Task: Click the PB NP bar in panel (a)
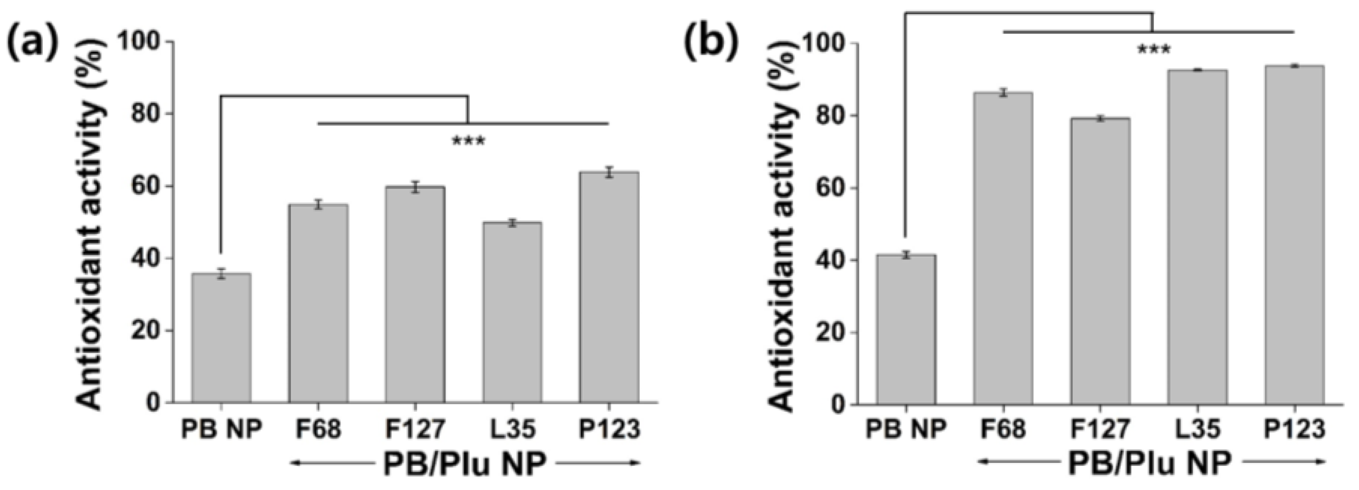(x=221, y=338)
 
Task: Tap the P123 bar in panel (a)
(x=609, y=287)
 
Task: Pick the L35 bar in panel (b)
(x=1197, y=237)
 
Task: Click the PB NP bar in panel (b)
(x=906, y=330)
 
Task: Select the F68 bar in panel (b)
(x=1003, y=249)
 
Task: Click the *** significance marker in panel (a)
(x=468, y=141)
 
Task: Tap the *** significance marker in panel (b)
(x=1153, y=51)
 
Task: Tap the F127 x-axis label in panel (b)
(x=1100, y=429)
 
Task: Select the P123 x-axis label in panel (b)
(x=1295, y=429)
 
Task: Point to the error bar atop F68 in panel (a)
(x=318, y=204)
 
